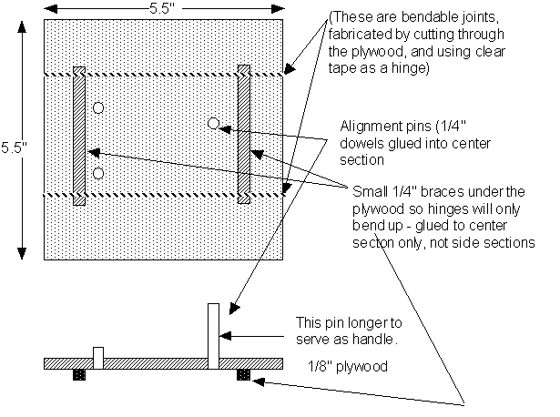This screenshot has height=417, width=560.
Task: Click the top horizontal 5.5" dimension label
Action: (x=166, y=8)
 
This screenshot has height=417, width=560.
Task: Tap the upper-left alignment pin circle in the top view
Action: (x=98, y=108)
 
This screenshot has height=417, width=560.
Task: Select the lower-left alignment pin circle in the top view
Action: (x=98, y=173)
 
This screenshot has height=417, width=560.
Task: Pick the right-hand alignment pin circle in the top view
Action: (x=213, y=123)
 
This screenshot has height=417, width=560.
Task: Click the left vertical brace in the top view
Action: (x=79, y=135)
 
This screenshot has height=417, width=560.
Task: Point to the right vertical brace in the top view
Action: (x=243, y=135)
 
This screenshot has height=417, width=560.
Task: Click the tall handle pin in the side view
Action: (x=213, y=331)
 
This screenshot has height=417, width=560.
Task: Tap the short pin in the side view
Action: (x=98, y=354)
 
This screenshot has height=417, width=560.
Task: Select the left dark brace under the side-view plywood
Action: (x=78, y=373)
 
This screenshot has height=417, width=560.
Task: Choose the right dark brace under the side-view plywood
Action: (x=243, y=373)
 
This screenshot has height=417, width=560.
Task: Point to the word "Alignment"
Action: (x=368, y=127)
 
